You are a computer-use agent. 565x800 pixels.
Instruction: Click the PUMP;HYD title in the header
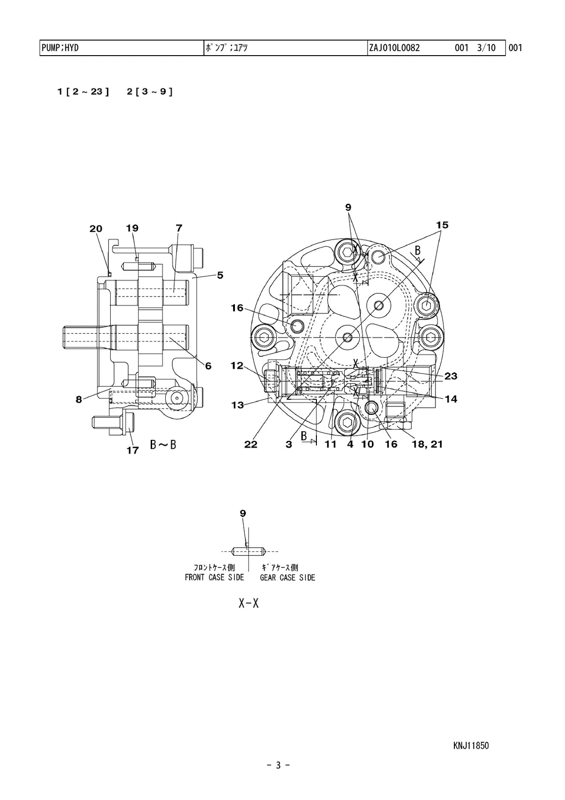[x=60, y=48]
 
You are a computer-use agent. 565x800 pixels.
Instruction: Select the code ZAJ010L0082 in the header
[x=394, y=48]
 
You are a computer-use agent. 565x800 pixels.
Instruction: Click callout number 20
[x=96, y=229]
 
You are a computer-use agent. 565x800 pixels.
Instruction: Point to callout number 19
[x=132, y=228]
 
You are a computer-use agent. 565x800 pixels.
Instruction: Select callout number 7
[x=179, y=228]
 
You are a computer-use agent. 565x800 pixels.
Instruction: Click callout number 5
[x=220, y=275]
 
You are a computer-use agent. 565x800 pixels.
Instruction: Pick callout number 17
[x=133, y=450]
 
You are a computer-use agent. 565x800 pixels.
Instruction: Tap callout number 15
[x=442, y=225]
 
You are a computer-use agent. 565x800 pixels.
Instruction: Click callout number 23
[x=451, y=376]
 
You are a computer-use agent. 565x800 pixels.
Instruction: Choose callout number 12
[x=237, y=365]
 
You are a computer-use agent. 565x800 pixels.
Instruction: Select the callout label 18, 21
[x=428, y=444]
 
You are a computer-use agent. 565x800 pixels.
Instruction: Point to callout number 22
[x=251, y=444]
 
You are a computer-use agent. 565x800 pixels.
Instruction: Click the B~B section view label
[x=163, y=445]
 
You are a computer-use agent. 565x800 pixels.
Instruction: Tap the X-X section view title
[x=249, y=603]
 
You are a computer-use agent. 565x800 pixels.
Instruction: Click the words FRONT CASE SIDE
[x=214, y=577]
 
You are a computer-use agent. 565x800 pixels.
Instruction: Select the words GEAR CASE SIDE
[x=288, y=577]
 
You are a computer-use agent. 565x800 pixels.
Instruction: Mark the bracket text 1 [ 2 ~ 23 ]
[x=83, y=92]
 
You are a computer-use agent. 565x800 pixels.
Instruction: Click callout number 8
[x=79, y=400]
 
